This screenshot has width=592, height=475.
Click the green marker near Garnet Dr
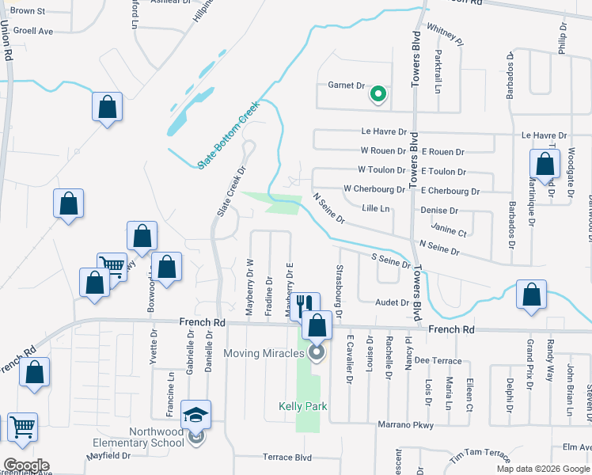[x=378, y=95]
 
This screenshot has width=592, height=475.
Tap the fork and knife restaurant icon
[x=305, y=304]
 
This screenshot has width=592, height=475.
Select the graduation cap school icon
[x=195, y=414]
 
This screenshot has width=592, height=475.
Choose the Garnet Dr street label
[x=345, y=85]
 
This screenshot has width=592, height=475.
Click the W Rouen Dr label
[x=383, y=150]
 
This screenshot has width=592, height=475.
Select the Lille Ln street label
[x=376, y=209]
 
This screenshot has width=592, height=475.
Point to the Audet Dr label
[x=393, y=302]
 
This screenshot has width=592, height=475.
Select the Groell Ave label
[x=34, y=32]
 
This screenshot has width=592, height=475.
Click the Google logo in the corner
[x=25, y=465]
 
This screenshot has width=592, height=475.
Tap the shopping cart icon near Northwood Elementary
[x=23, y=427]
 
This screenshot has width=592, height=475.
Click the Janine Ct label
[x=451, y=233]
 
